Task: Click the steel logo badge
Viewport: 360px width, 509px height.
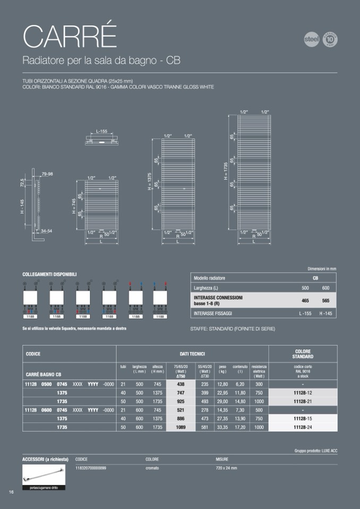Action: tap(311, 40)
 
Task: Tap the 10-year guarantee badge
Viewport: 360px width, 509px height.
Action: tap(330, 40)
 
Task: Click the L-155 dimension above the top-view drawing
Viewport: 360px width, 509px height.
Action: tap(101, 131)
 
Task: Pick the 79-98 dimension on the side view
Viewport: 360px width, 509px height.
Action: tap(47, 174)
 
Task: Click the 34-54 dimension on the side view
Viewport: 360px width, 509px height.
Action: tap(47, 231)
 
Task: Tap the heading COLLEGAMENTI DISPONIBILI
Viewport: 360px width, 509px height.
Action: tap(49, 274)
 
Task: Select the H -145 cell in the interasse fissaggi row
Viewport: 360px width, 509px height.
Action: tap(325, 314)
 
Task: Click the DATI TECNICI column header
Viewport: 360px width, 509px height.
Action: tap(192, 354)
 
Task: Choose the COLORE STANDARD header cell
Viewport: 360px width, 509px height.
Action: tap(303, 354)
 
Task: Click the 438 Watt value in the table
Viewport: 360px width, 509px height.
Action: tap(181, 384)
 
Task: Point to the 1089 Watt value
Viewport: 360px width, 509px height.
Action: tap(181, 427)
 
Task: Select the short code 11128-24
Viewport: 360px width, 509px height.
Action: tap(303, 427)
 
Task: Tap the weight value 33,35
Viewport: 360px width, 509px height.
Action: tap(222, 427)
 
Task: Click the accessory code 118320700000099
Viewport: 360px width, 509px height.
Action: tap(91, 468)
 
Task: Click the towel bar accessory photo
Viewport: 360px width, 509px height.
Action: tap(44, 474)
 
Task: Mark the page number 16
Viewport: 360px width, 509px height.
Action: tap(11, 492)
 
